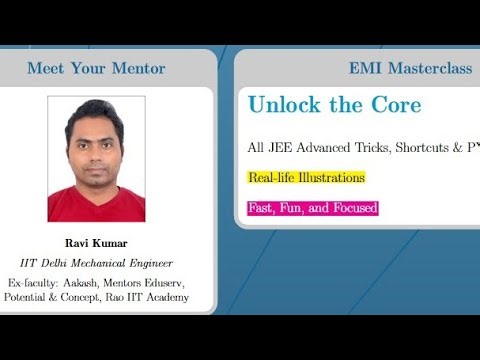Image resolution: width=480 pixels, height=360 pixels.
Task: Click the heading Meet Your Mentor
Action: point(96,68)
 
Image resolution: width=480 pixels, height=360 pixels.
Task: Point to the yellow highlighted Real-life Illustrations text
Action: point(306,178)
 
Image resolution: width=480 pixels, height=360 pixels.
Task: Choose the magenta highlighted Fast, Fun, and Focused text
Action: point(312,208)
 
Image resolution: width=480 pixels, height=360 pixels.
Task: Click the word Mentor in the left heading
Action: point(138,68)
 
